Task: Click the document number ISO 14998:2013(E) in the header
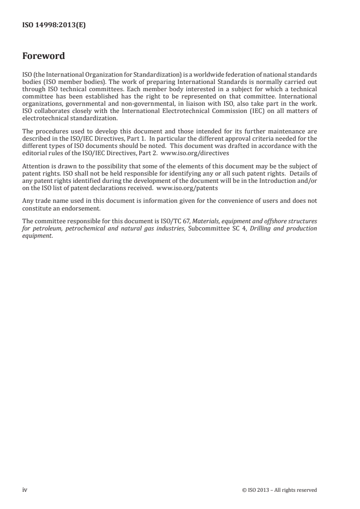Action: coord(54,26)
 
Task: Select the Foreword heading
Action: coord(44,56)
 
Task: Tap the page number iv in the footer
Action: coord(25,490)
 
